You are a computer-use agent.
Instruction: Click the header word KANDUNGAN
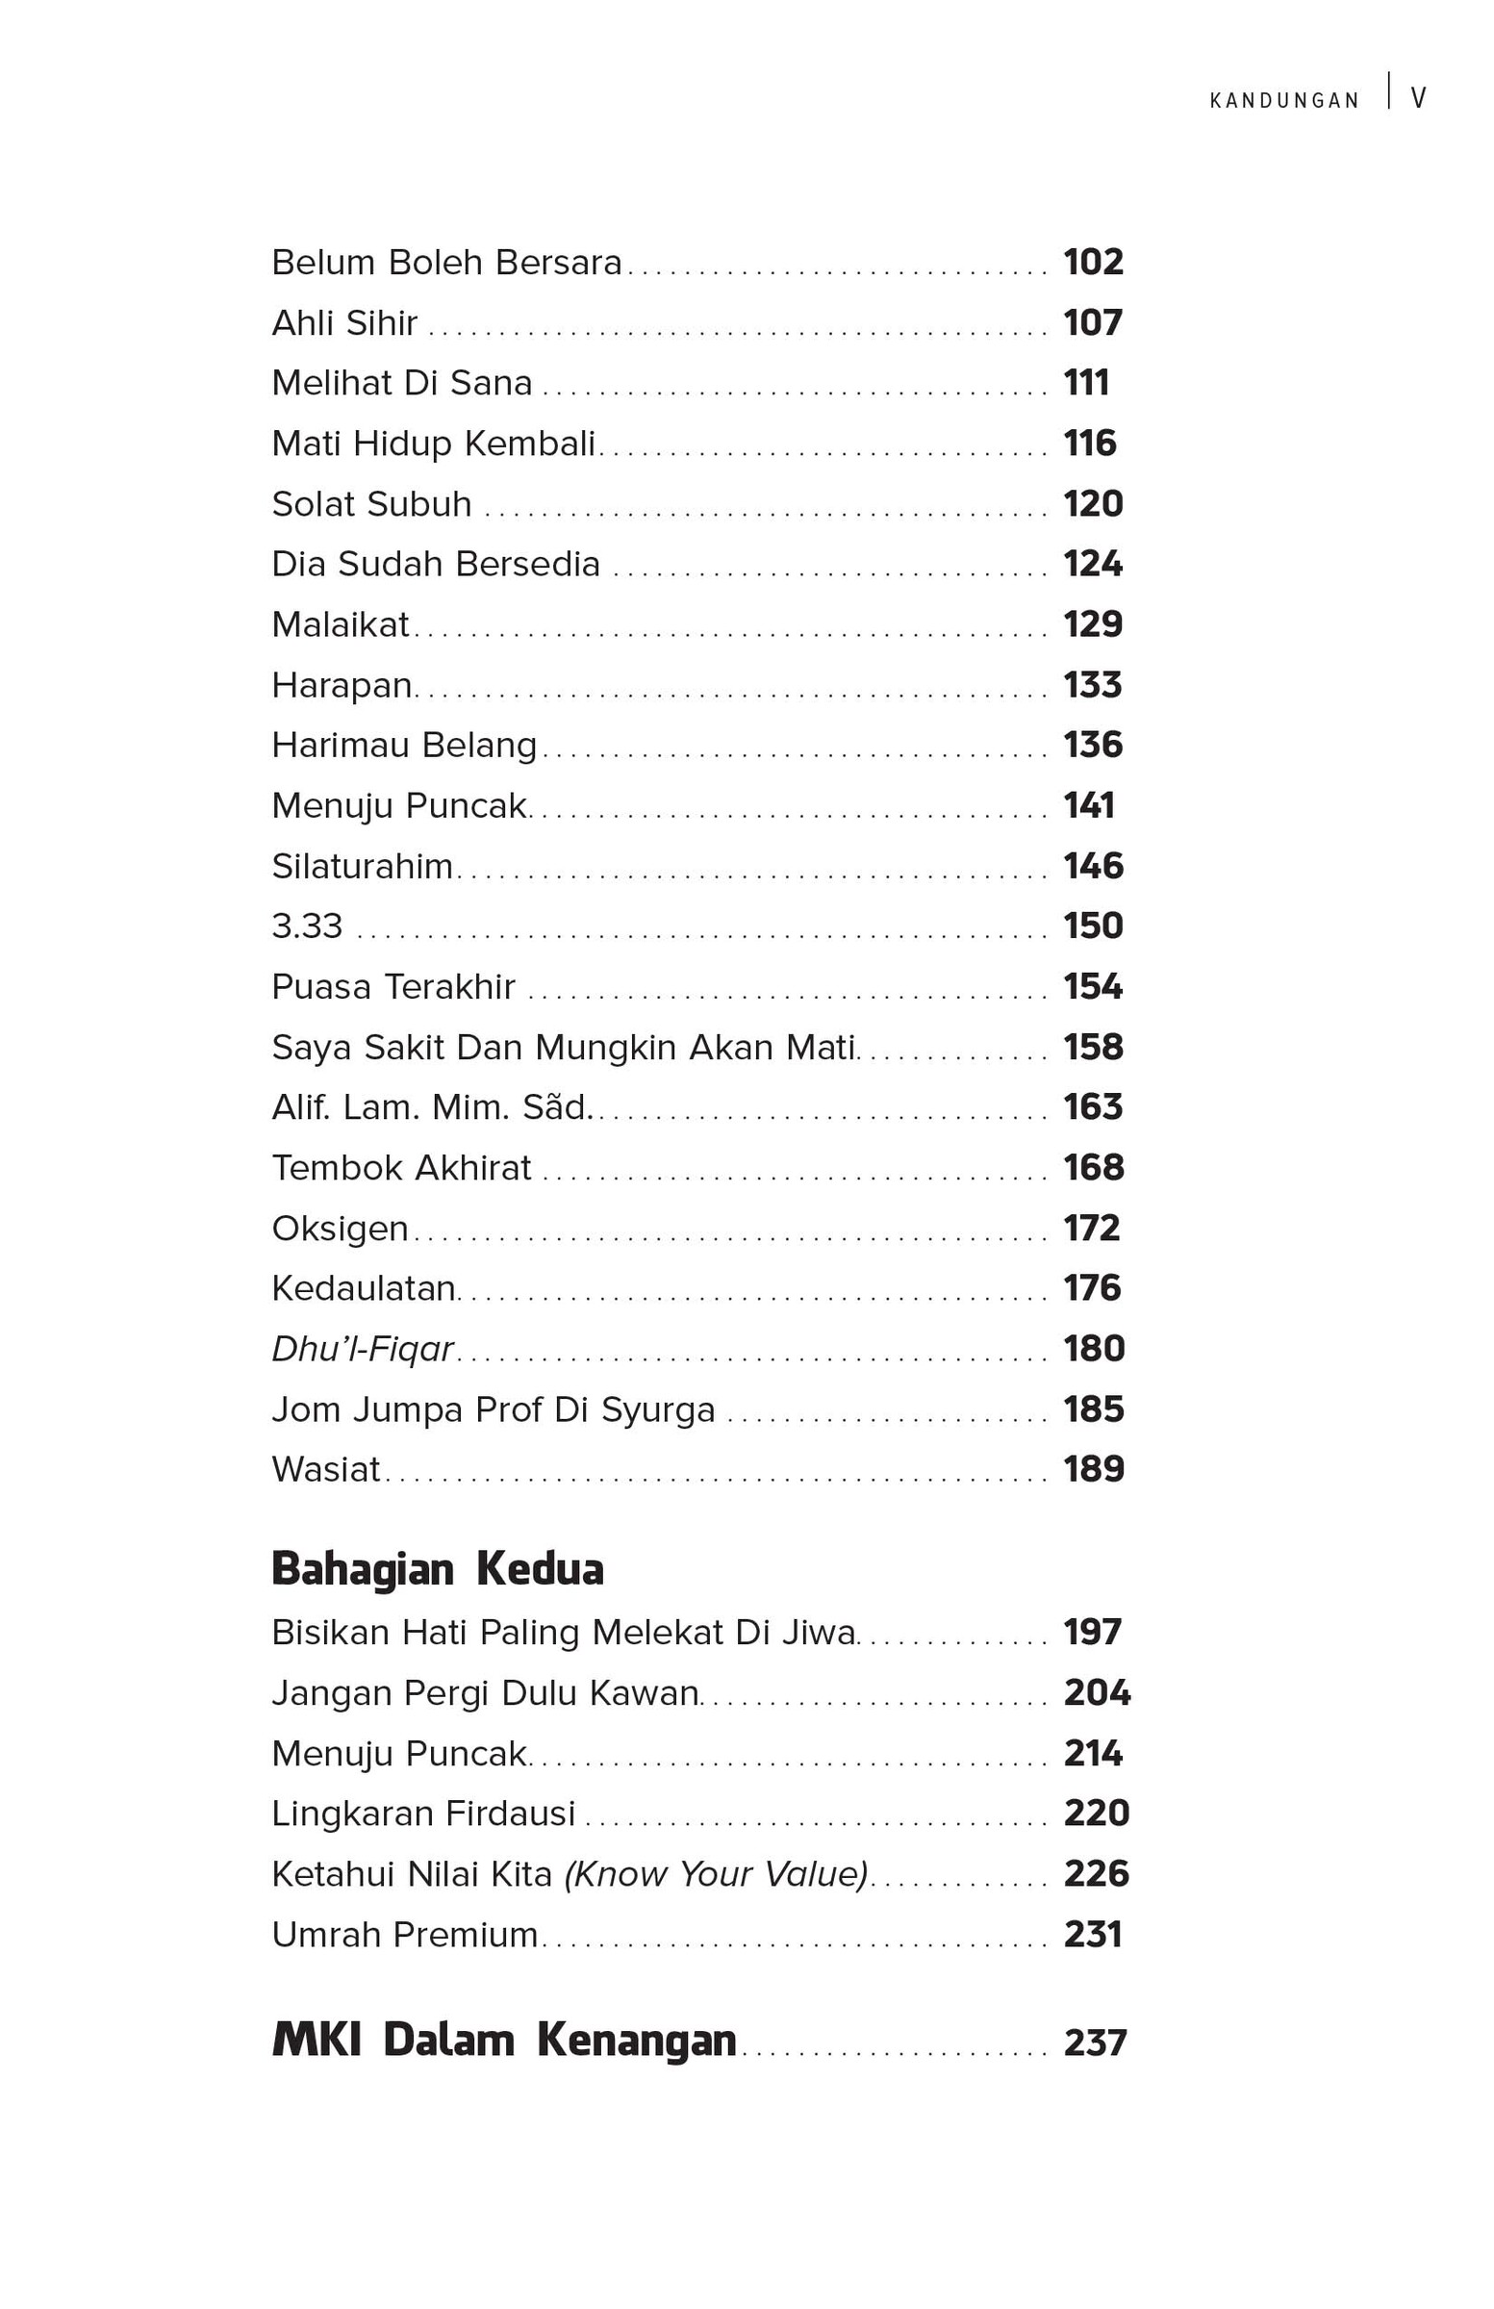point(1283,101)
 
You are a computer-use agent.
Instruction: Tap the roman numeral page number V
point(1417,99)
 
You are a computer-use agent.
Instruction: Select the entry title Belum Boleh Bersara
point(446,263)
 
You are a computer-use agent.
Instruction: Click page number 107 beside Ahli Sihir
point(1093,323)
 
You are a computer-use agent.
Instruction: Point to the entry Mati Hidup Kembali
point(434,444)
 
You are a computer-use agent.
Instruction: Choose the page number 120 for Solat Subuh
point(1093,504)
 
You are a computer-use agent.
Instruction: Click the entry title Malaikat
point(341,625)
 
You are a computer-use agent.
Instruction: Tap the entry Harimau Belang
point(404,746)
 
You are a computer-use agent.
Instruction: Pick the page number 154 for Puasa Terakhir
point(1093,988)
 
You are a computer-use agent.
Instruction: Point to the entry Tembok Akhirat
point(401,1169)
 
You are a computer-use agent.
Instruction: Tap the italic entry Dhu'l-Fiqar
point(363,1350)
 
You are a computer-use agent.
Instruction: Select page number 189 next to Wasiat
point(1094,1470)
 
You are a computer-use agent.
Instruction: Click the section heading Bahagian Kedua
point(438,1569)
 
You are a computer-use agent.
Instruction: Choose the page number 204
point(1097,1693)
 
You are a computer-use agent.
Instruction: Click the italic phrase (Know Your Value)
point(716,1874)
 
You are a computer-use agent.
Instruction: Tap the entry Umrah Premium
point(405,1935)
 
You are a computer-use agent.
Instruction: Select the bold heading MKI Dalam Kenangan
point(503,2040)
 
